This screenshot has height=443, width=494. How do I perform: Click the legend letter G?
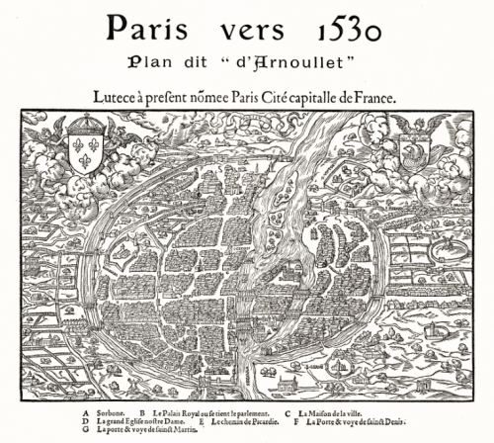(88, 432)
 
